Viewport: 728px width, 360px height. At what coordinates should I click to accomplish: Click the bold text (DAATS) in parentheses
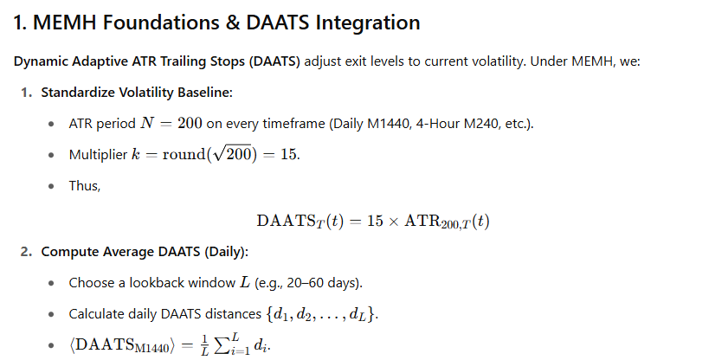[274, 61]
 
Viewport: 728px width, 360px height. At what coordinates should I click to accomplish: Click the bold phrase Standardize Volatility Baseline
[136, 93]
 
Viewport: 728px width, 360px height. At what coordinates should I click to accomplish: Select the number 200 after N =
[190, 124]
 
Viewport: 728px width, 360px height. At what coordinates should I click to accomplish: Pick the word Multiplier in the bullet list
[98, 155]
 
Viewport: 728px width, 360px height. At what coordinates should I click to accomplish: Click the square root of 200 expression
[232, 154]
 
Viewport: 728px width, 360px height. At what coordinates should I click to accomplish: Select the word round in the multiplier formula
[184, 155]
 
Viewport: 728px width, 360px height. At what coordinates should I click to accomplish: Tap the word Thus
[85, 185]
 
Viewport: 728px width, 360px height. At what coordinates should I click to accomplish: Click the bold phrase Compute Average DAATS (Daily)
[145, 252]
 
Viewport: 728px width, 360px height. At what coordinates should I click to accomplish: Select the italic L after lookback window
[245, 282]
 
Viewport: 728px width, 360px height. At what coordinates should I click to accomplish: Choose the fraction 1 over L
[204, 345]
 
